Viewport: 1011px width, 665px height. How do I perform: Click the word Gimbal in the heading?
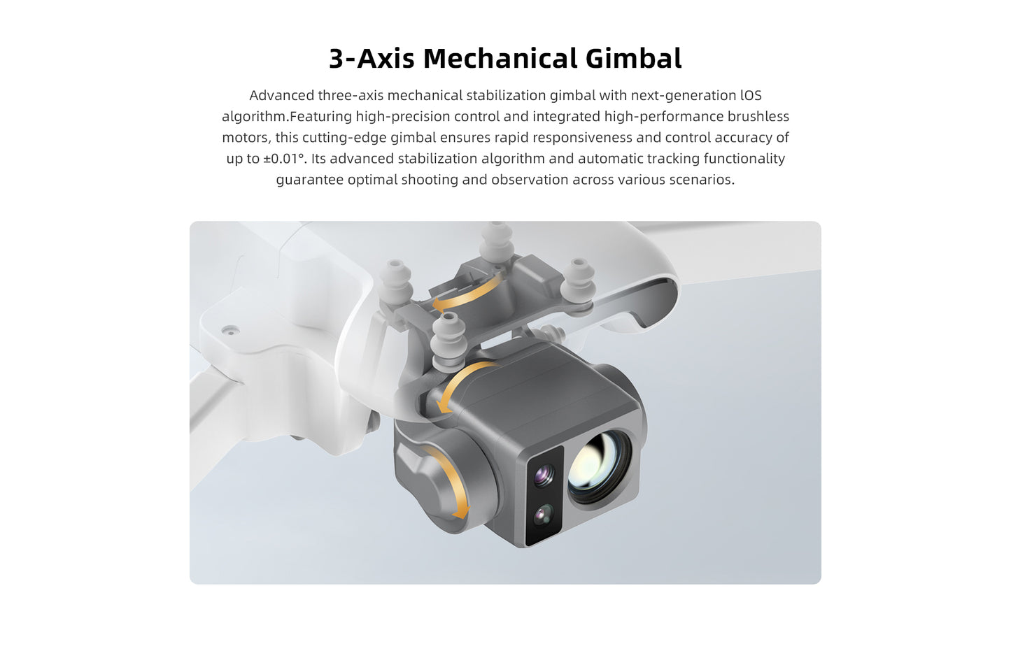[633, 59]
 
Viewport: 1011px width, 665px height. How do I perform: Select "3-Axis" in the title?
[372, 59]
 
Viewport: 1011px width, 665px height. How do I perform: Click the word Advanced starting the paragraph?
[281, 96]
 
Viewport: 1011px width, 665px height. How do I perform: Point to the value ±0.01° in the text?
[285, 159]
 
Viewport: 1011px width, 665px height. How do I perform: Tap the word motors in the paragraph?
[244, 138]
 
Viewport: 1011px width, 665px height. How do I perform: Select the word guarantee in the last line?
[309, 180]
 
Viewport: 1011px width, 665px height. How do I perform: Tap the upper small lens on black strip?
[544, 476]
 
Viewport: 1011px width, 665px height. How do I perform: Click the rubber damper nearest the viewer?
[449, 340]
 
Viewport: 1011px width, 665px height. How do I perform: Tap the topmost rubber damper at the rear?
[497, 241]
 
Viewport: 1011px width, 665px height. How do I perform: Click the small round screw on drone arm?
[230, 329]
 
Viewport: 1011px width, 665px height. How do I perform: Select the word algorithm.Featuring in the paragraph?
[286, 117]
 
